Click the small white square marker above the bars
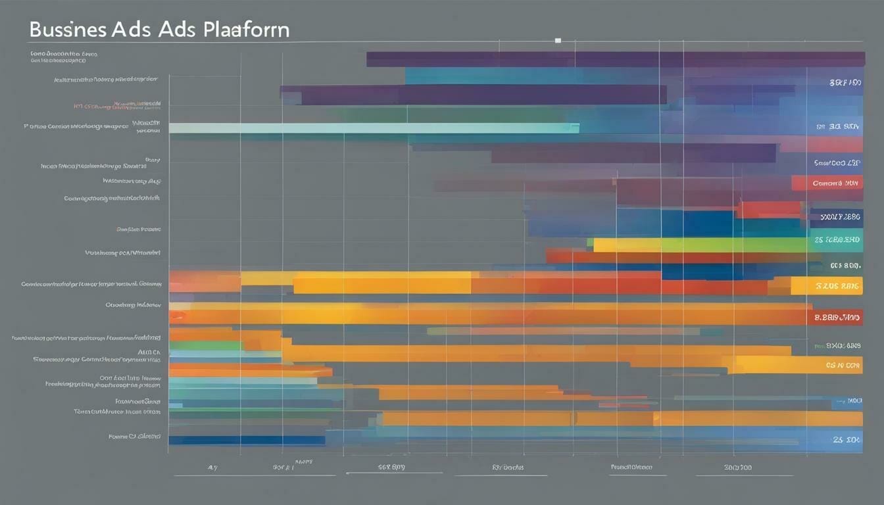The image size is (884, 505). coord(558,41)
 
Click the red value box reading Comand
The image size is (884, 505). coord(827,183)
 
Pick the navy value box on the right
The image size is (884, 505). coord(835,216)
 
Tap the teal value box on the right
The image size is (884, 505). coord(835,241)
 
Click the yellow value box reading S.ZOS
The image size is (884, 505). coord(827,286)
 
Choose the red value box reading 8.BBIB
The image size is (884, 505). coord(835,318)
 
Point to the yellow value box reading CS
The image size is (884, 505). coord(835,364)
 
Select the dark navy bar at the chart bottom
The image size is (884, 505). coord(247,441)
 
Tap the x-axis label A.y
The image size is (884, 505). coord(212,468)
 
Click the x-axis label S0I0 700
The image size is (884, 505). coord(737,468)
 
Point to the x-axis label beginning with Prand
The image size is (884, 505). coord(631,468)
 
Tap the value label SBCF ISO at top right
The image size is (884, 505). coord(845,84)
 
